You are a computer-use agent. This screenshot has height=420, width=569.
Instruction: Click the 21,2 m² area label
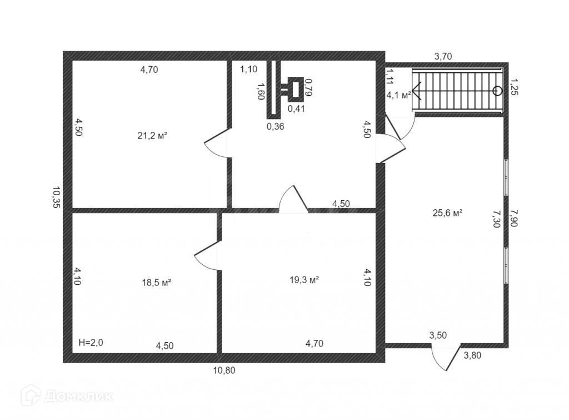pyautogui.click(x=152, y=135)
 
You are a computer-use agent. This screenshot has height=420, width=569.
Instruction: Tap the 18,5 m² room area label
pyautogui.click(x=156, y=282)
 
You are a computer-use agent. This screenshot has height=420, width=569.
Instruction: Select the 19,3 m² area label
pyautogui.click(x=304, y=280)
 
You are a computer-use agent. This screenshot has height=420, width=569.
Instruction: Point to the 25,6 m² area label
pyautogui.click(x=448, y=212)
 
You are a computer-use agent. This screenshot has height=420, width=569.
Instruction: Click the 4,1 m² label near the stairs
pyautogui.click(x=398, y=95)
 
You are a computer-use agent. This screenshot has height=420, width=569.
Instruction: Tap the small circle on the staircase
pyautogui.click(x=497, y=90)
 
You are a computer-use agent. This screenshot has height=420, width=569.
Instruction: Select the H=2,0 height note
pyautogui.click(x=91, y=343)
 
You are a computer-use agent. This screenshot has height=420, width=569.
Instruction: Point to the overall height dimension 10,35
pyautogui.click(x=56, y=197)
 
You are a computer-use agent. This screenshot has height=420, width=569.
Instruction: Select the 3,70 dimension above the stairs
pyautogui.click(x=443, y=56)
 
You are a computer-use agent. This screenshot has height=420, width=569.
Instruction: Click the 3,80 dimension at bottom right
pyautogui.click(x=473, y=355)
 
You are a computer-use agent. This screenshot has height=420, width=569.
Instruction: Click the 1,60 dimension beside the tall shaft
pyautogui.click(x=259, y=91)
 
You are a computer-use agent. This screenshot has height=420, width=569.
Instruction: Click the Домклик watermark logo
pyautogui.click(x=67, y=396)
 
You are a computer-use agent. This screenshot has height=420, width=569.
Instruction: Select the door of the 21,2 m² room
pyautogui.click(x=218, y=145)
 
